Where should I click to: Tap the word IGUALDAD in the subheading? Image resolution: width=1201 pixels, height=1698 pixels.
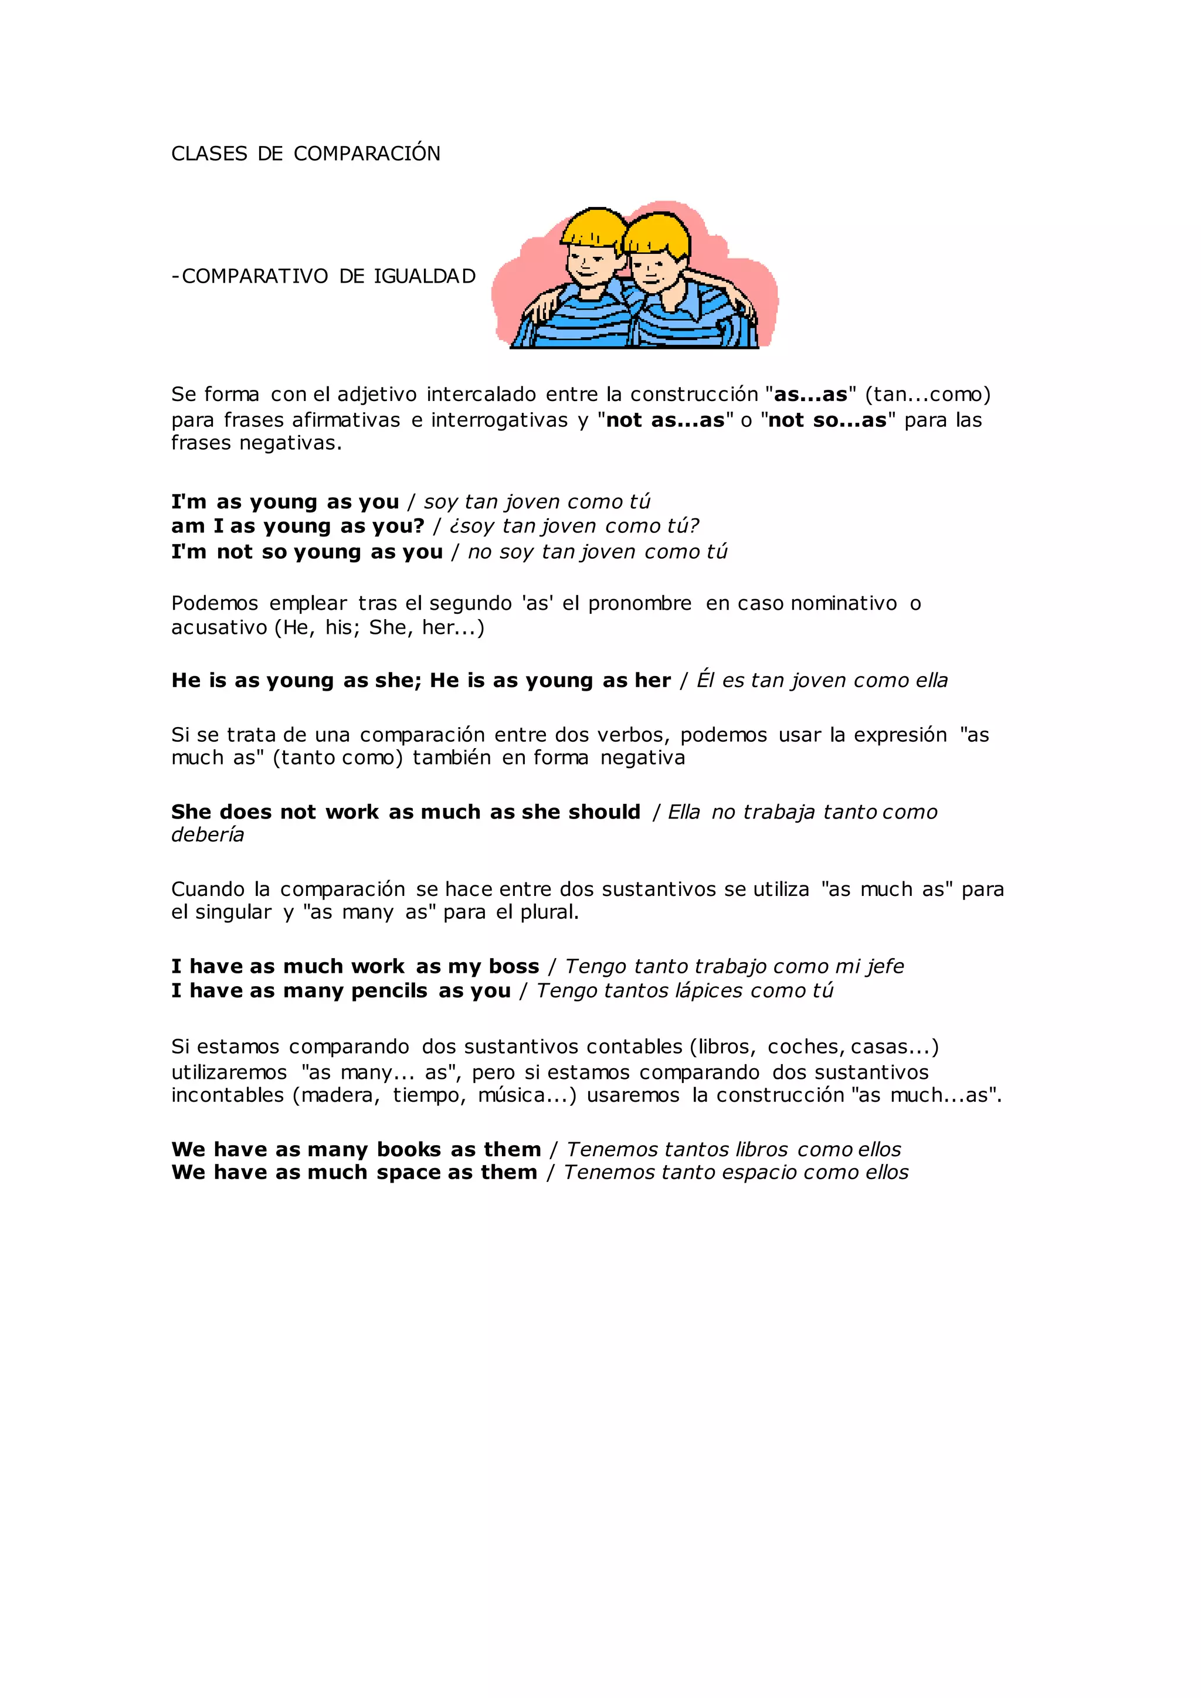(x=425, y=277)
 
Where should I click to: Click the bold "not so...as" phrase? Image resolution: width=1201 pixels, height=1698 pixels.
(x=827, y=420)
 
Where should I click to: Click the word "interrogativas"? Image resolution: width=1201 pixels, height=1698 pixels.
(x=499, y=420)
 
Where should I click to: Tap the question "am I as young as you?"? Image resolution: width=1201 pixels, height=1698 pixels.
(x=298, y=526)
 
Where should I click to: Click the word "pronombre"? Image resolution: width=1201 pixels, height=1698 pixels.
(x=640, y=603)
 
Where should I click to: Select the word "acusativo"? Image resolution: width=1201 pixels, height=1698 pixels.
(x=219, y=628)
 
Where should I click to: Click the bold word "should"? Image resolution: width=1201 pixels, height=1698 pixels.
(x=604, y=812)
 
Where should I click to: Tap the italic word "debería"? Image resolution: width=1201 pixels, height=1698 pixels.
(x=208, y=835)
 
